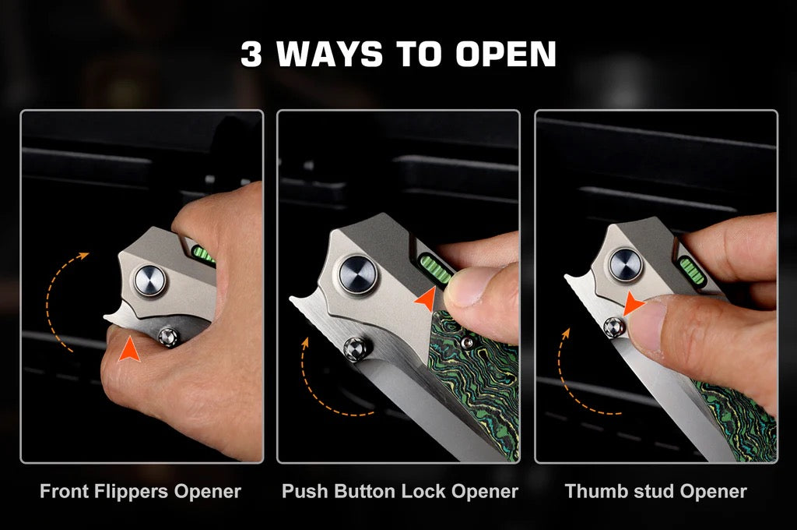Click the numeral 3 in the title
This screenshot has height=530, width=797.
(251, 54)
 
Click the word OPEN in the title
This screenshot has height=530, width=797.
(506, 54)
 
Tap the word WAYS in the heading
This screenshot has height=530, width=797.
(329, 54)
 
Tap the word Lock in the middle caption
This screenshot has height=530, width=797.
(424, 491)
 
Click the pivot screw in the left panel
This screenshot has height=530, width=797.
(150, 281)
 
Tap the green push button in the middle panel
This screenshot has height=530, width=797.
(434, 270)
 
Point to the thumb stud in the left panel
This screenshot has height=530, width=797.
(168, 337)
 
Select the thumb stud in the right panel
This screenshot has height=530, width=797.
(615, 327)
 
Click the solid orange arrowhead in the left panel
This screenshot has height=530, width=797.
(129, 350)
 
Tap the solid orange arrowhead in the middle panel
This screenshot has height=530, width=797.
(426, 299)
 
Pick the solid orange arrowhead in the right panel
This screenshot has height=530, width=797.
(634, 303)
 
